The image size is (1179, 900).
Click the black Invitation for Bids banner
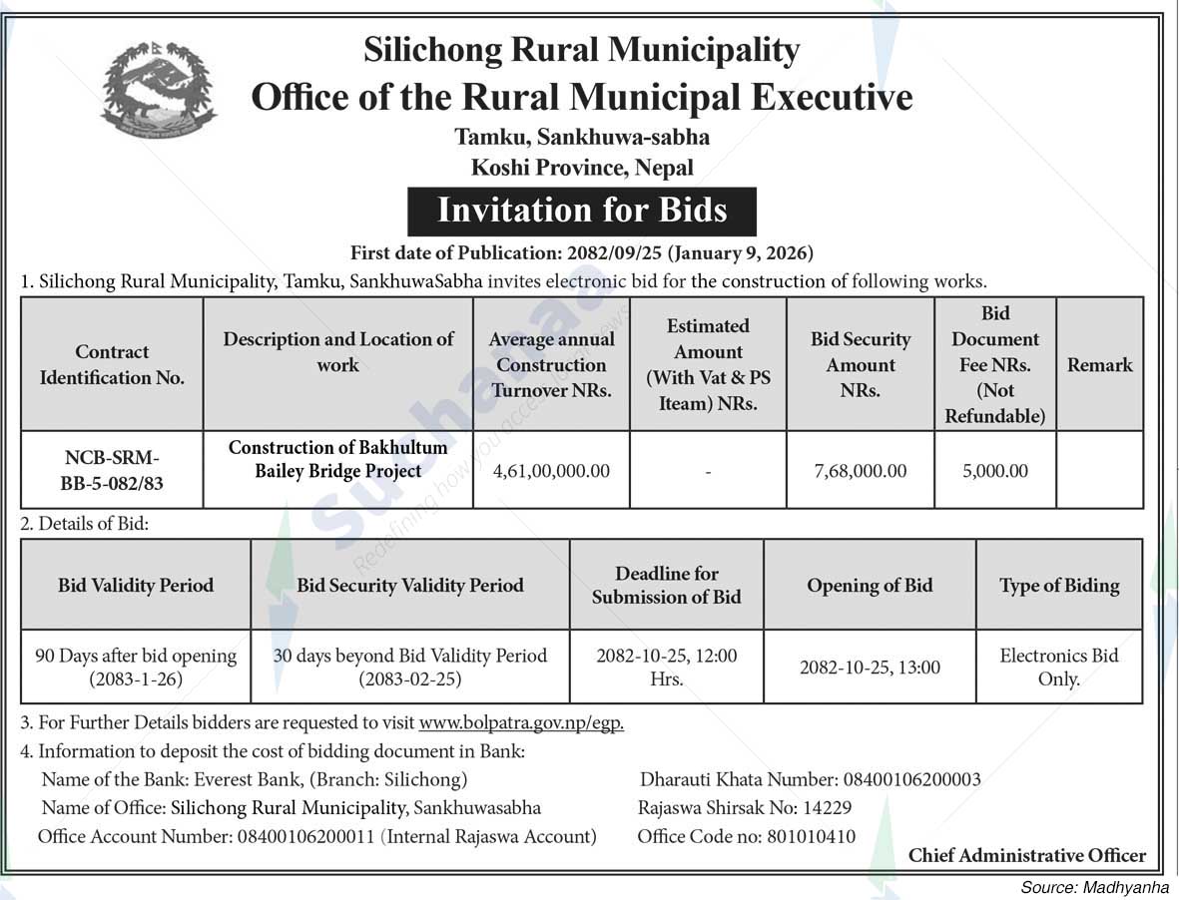click(582, 212)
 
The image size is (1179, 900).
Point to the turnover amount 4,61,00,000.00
click(551, 471)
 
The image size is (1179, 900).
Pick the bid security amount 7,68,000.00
click(861, 471)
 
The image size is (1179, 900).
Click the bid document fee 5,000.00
click(995, 471)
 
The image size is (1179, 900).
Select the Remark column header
click(1100, 365)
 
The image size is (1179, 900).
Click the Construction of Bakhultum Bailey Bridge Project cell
click(338, 459)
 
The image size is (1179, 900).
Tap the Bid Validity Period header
click(136, 586)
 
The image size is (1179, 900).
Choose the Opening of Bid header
click(870, 586)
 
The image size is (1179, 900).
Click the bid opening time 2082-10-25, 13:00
click(870, 668)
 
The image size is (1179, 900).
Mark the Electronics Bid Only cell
click(1059, 668)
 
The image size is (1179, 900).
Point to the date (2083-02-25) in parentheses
click(410, 679)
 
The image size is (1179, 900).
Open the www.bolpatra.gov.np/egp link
click(521, 723)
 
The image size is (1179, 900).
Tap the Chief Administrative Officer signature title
click(1027, 856)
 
